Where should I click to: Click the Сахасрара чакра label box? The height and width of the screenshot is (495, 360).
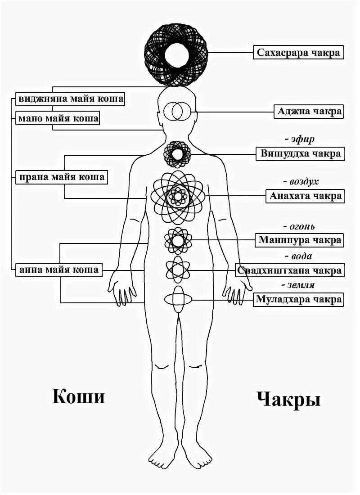[298, 53]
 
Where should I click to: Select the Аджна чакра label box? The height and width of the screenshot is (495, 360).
[309, 111]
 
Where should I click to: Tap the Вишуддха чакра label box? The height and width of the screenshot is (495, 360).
[300, 153]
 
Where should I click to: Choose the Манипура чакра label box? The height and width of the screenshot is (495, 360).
[299, 240]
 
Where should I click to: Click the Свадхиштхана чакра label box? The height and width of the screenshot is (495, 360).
[289, 270]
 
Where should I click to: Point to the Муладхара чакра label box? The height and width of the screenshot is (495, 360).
[299, 299]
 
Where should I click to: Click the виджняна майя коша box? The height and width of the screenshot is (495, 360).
[70, 98]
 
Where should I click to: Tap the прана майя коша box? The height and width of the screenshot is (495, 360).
[61, 177]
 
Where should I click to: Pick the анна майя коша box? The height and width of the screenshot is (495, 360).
[58, 270]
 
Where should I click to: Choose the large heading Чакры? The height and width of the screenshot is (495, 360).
[288, 399]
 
